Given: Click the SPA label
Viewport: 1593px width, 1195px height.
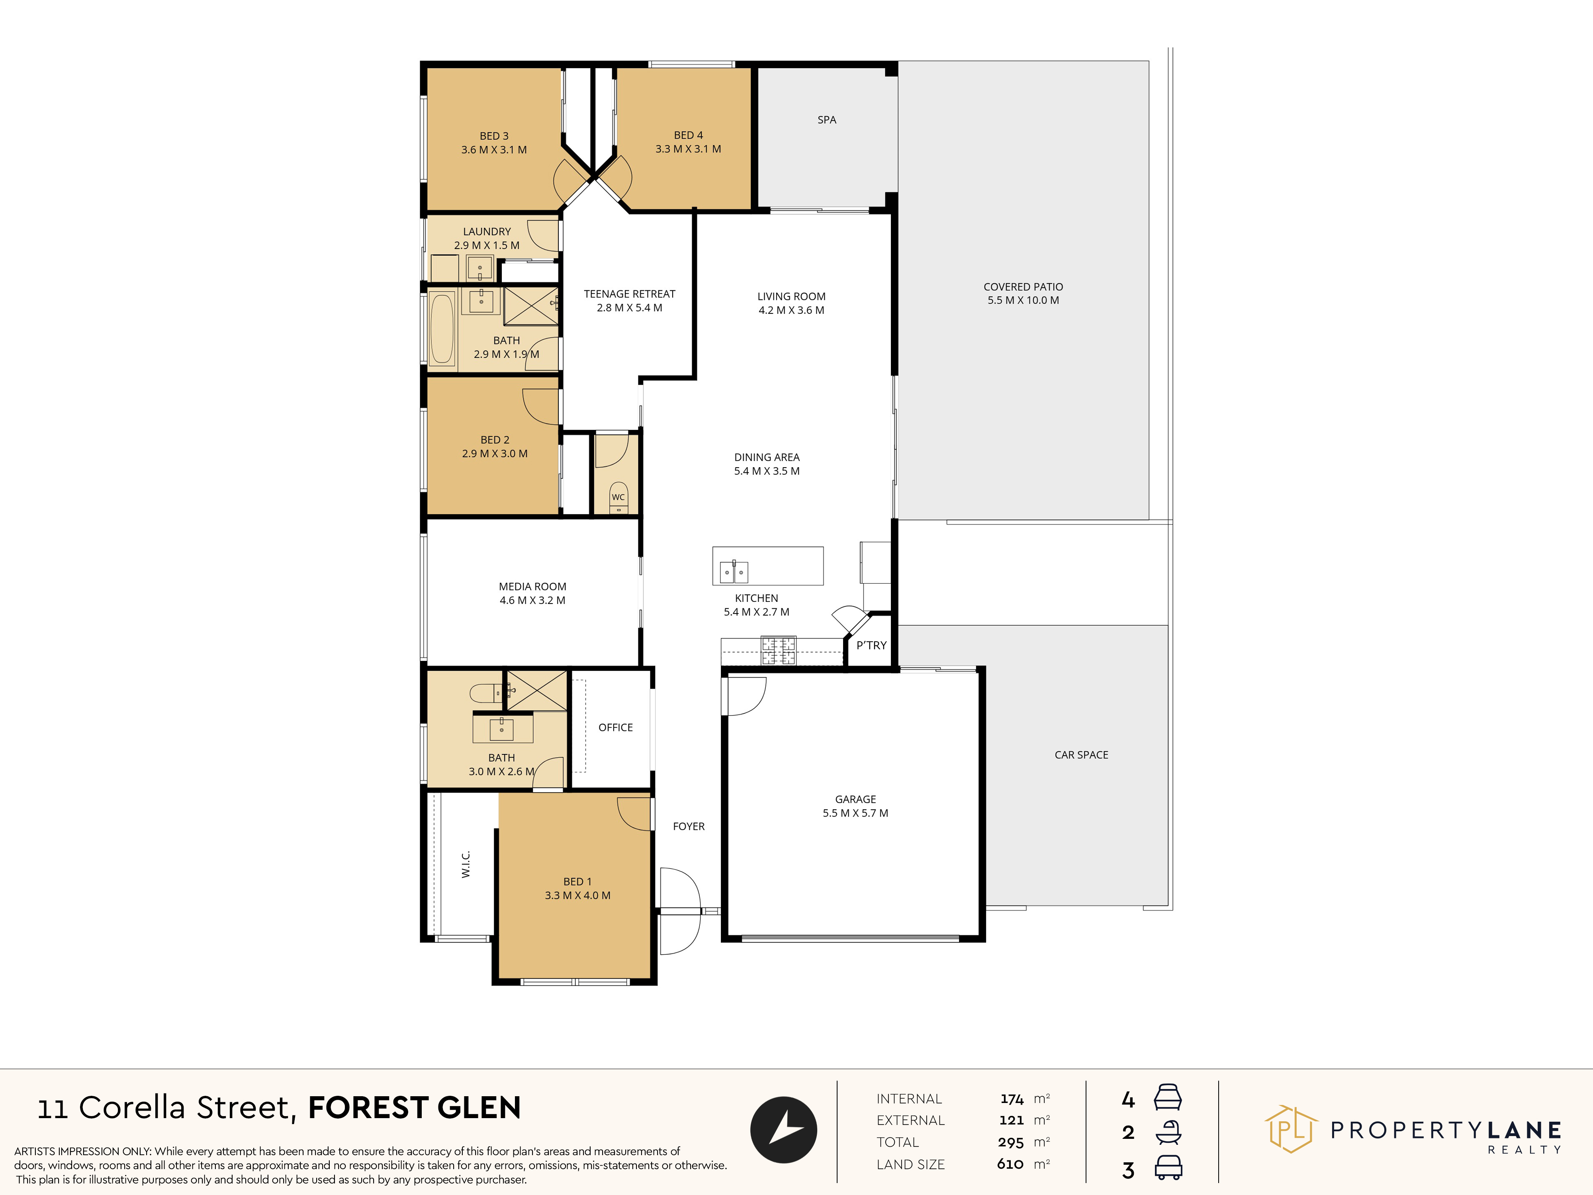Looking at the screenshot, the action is pos(827,119).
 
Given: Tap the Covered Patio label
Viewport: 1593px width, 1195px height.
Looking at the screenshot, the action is pos(1024,293).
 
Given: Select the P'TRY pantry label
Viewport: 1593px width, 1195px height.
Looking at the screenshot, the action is pos(871,645).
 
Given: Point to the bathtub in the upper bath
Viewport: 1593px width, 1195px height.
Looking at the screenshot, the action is pos(442,329).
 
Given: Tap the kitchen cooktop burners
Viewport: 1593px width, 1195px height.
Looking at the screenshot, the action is pos(779,650).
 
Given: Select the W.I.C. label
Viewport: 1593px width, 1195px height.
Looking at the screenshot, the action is pos(466,864).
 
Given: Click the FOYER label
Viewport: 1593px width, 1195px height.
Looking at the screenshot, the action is pos(689,826).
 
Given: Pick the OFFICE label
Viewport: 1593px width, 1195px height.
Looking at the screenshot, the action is pos(616,727).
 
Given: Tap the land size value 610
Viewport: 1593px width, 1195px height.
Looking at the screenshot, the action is pos(1010,1164).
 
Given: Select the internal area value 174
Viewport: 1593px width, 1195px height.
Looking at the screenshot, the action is pos(1012,1099).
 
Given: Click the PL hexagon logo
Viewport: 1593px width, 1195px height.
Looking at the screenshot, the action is pos(1291,1129).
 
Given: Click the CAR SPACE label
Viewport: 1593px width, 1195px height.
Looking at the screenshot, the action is pos(1081,755).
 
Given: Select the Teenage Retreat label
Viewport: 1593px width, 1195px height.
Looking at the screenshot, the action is pos(629,300).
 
